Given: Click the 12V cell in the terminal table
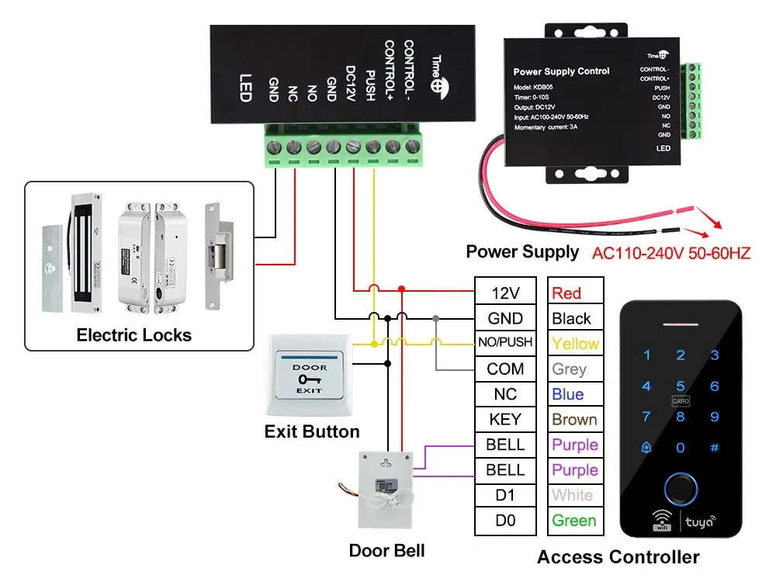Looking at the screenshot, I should (505, 293).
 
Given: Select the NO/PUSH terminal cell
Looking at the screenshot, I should (505, 343).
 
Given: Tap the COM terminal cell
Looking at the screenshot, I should (505, 369).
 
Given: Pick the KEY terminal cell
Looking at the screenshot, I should (505, 419).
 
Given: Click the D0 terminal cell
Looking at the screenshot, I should (505, 521).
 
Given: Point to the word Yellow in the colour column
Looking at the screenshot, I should (575, 344).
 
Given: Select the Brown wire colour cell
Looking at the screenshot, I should (574, 420).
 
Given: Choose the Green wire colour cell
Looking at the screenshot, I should (574, 521).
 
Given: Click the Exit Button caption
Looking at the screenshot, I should (312, 431).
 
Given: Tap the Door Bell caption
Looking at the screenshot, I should (386, 551).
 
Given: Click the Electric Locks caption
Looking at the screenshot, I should (133, 335).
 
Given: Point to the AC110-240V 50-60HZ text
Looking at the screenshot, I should (671, 253).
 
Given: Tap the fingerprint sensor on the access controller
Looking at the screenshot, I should (681, 487).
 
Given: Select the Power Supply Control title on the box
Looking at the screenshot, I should (561, 71).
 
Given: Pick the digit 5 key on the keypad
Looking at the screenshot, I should (681, 386).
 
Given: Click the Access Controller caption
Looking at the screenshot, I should (618, 556).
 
